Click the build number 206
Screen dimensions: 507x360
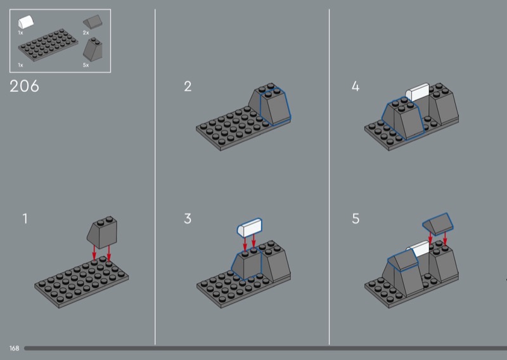pyautogui.click(x=24, y=86)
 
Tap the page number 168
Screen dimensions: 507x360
pyautogui.click(x=14, y=348)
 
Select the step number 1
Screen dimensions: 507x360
pyautogui.click(x=25, y=219)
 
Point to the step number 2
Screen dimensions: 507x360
pyautogui.click(x=188, y=86)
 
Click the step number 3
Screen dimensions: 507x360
pyautogui.click(x=188, y=219)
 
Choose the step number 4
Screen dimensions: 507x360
pyautogui.click(x=356, y=86)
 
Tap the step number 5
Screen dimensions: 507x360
pyautogui.click(x=356, y=219)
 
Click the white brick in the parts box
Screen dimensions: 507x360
pyautogui.click(x=26, y=22)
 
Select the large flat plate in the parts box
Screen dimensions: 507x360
pyautogui.click(x=48, y=44)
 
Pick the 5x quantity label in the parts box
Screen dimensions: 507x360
pyautogui.click(x=86, y=65)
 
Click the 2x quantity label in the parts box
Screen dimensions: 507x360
pyautogui.click(x=86, y=33)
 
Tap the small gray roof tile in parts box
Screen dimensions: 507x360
pyautogui.click(x=93, y=22)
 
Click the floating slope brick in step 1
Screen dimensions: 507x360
pyautogui.click(x=102, y=232)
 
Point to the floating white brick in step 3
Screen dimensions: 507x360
pyautogui.click(x=250, y=227)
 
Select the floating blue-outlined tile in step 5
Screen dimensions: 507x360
pyautogui.click(x=438, y=224)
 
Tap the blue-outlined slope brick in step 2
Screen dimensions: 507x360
pyautogui.click(x=275, y=106)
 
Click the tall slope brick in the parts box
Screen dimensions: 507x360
pyautogui.click(x=93, y=49)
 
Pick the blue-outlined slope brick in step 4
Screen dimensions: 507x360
pyautogui.click(x=402, y=118)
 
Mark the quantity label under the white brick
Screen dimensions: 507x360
pyautogui.click(x=21, y=33)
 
